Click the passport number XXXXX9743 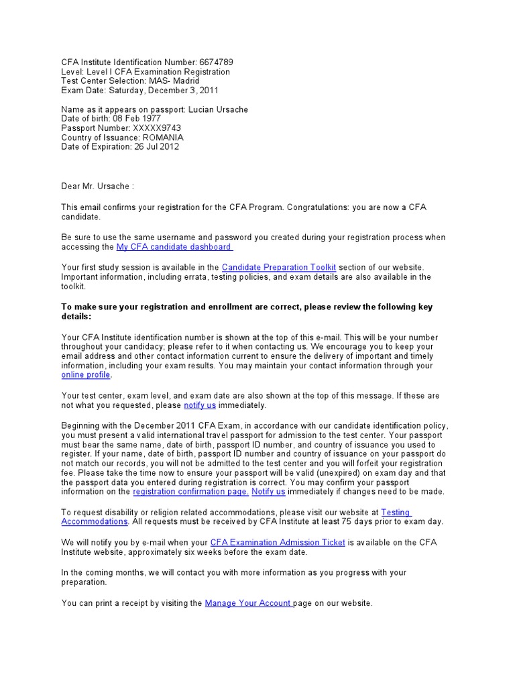(156, 128)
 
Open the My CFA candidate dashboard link (174, 247)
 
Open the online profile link (85, 375)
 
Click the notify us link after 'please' (200, 405)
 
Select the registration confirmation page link (191, 492)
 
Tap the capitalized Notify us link (268, 492)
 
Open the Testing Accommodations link (94, 521)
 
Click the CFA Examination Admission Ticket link (278, 542)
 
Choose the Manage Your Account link (248, 603)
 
